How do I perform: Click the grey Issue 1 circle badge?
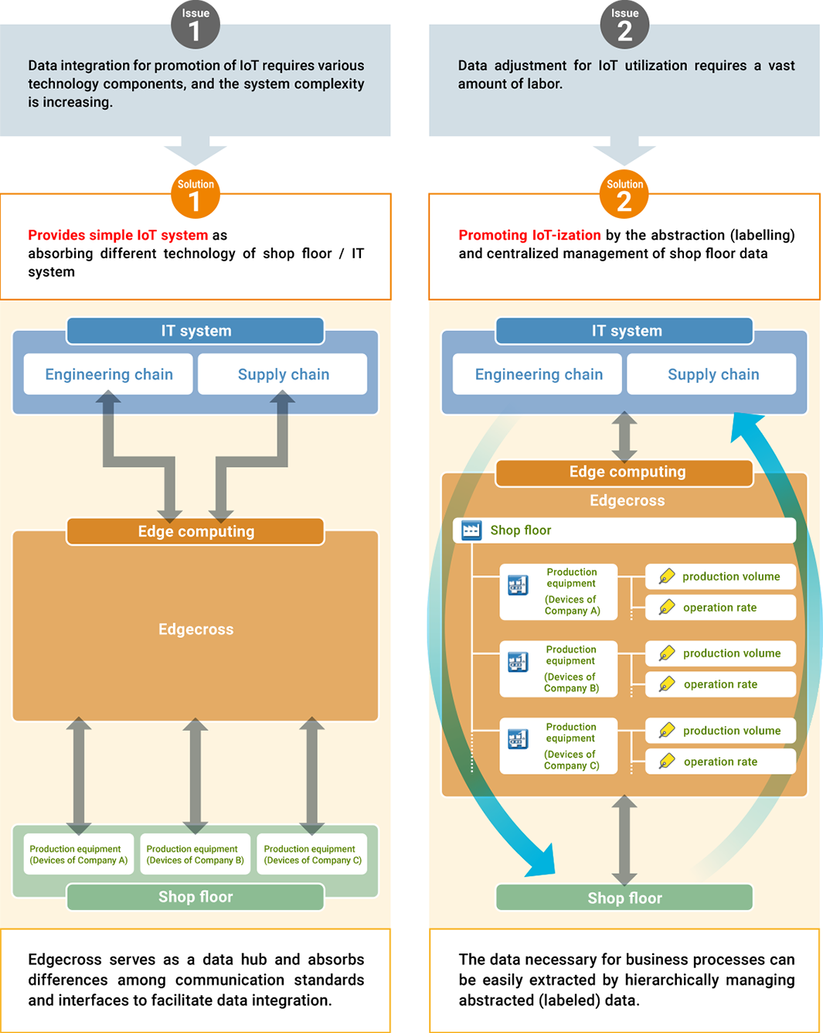point(195,25)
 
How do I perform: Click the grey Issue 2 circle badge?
point(624,25)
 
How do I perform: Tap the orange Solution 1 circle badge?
point(195,195)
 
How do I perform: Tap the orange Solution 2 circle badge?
point(624,195)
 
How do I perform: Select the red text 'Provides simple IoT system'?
point(117,235)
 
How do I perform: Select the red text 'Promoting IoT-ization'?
point(529,235)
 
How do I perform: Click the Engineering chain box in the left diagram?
point(108,374)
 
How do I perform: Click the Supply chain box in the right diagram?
point(712,374)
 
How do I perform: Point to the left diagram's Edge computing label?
point(196,531)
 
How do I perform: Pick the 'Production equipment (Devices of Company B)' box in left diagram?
point(195,854)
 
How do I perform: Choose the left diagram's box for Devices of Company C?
point(312,854)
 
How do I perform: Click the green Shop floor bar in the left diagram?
point(196,897)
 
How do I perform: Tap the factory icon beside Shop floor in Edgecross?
point(471,530)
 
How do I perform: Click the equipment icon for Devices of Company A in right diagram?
point(518,585)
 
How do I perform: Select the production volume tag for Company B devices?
point(721,653)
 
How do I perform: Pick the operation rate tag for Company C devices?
point(721,762)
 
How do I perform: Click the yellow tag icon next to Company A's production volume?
point(667,577)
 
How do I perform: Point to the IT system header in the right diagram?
point(625,331)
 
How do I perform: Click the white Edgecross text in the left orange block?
point(196,629)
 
